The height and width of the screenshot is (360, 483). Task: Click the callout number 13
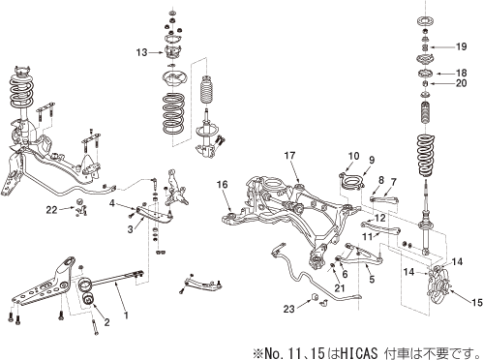tap(141, 51)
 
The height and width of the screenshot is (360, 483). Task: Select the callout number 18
tap(461, 73)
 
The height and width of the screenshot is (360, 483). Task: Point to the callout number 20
tap(461, 84)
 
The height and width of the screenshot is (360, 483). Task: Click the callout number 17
tap(289, 156)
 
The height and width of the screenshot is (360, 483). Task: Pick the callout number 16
tap(222, 184)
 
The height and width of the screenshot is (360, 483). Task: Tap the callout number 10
tap(352, 156)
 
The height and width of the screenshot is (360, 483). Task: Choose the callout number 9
tap(370, 160)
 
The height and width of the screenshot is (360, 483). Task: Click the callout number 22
tap(51, 209)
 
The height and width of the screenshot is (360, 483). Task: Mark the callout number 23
tap(289, 309)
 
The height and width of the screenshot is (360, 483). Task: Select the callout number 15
tap(473, 302)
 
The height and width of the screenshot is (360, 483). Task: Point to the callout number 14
tap(408, 274)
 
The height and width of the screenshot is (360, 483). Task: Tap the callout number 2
tap(106, 321)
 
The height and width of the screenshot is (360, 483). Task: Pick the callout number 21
tap(339, 287)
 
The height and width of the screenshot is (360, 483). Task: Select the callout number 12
tap(380, 219)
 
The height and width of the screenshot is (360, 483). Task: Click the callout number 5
tap(371, 279)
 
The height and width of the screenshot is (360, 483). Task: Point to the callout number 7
tap(393, 182)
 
